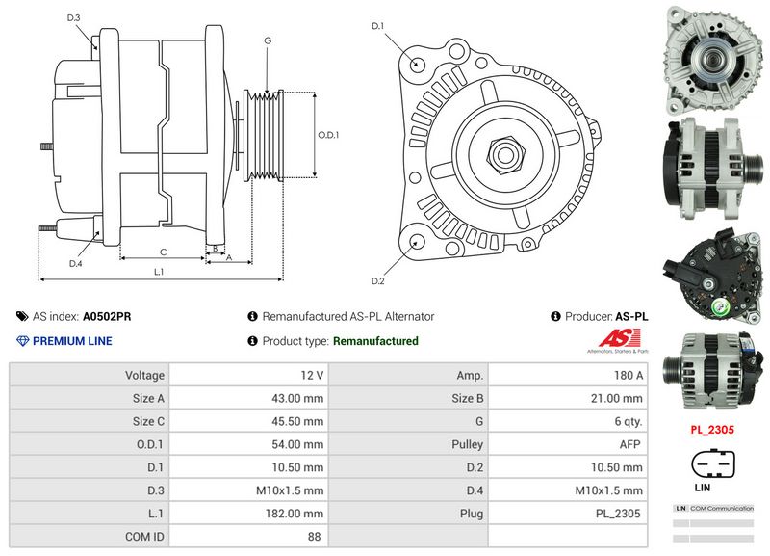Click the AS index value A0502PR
click(x=107, y=316)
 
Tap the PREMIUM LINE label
click(x=72, y=341)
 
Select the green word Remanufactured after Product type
click(x=375, y=341)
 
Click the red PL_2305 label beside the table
click(x=712, y=430)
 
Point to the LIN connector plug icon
click(x=712, y=464)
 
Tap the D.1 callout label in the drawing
click(x=378, y=25)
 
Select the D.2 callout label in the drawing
click(x=378, y=280)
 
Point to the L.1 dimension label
click(x=160, y=273)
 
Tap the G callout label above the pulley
click(x=268, y=40)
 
